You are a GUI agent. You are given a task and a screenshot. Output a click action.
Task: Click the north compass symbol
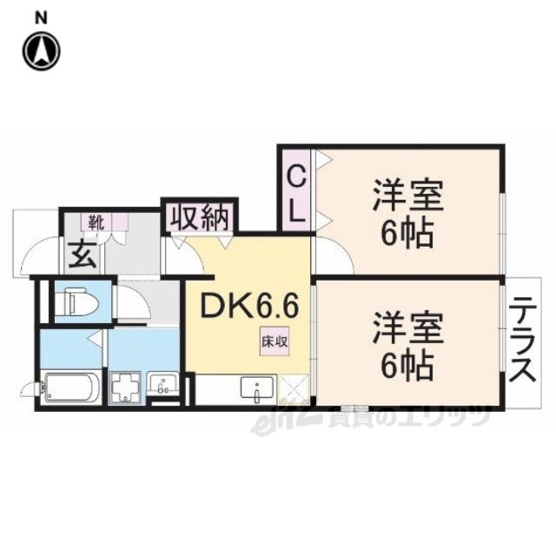coord(42,50)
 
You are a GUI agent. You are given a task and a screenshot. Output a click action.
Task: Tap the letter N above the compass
coord(42,18)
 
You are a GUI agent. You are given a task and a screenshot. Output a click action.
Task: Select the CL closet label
coord(296,194)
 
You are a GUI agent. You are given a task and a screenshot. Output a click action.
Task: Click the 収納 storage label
coord(199,216)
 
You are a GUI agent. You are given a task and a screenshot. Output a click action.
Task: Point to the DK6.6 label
coord(249,307)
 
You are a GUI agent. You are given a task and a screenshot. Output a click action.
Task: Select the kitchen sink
coord(257,388)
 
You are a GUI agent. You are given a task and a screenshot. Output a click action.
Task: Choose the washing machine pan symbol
coord(126,388)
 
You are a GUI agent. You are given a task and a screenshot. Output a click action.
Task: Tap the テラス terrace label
coord(522,339)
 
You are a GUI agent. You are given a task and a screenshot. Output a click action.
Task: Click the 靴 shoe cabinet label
coord(96,222)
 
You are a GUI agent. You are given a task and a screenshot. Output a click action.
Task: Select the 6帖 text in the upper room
coord(407,234)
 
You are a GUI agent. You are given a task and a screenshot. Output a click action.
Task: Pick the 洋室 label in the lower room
coord(408,328)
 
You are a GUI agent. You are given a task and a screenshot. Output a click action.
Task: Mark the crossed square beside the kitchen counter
coord(293,390)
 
